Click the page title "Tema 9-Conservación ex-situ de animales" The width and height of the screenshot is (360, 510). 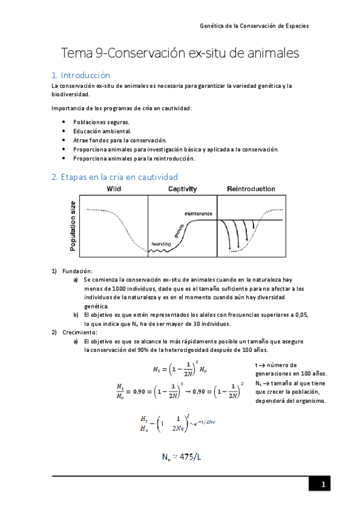click(x=180, y=54)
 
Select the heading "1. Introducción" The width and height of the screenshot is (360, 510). click(x=81, y=76)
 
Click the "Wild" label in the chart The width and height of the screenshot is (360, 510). click(x=114, y=189)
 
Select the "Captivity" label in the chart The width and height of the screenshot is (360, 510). click(x=182, y=189)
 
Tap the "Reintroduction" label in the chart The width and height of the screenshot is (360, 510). click(x=251, y=189)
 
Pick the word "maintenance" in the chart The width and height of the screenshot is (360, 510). click(x=198, y=214)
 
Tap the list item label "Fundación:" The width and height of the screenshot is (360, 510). click(x=77, y=271)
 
